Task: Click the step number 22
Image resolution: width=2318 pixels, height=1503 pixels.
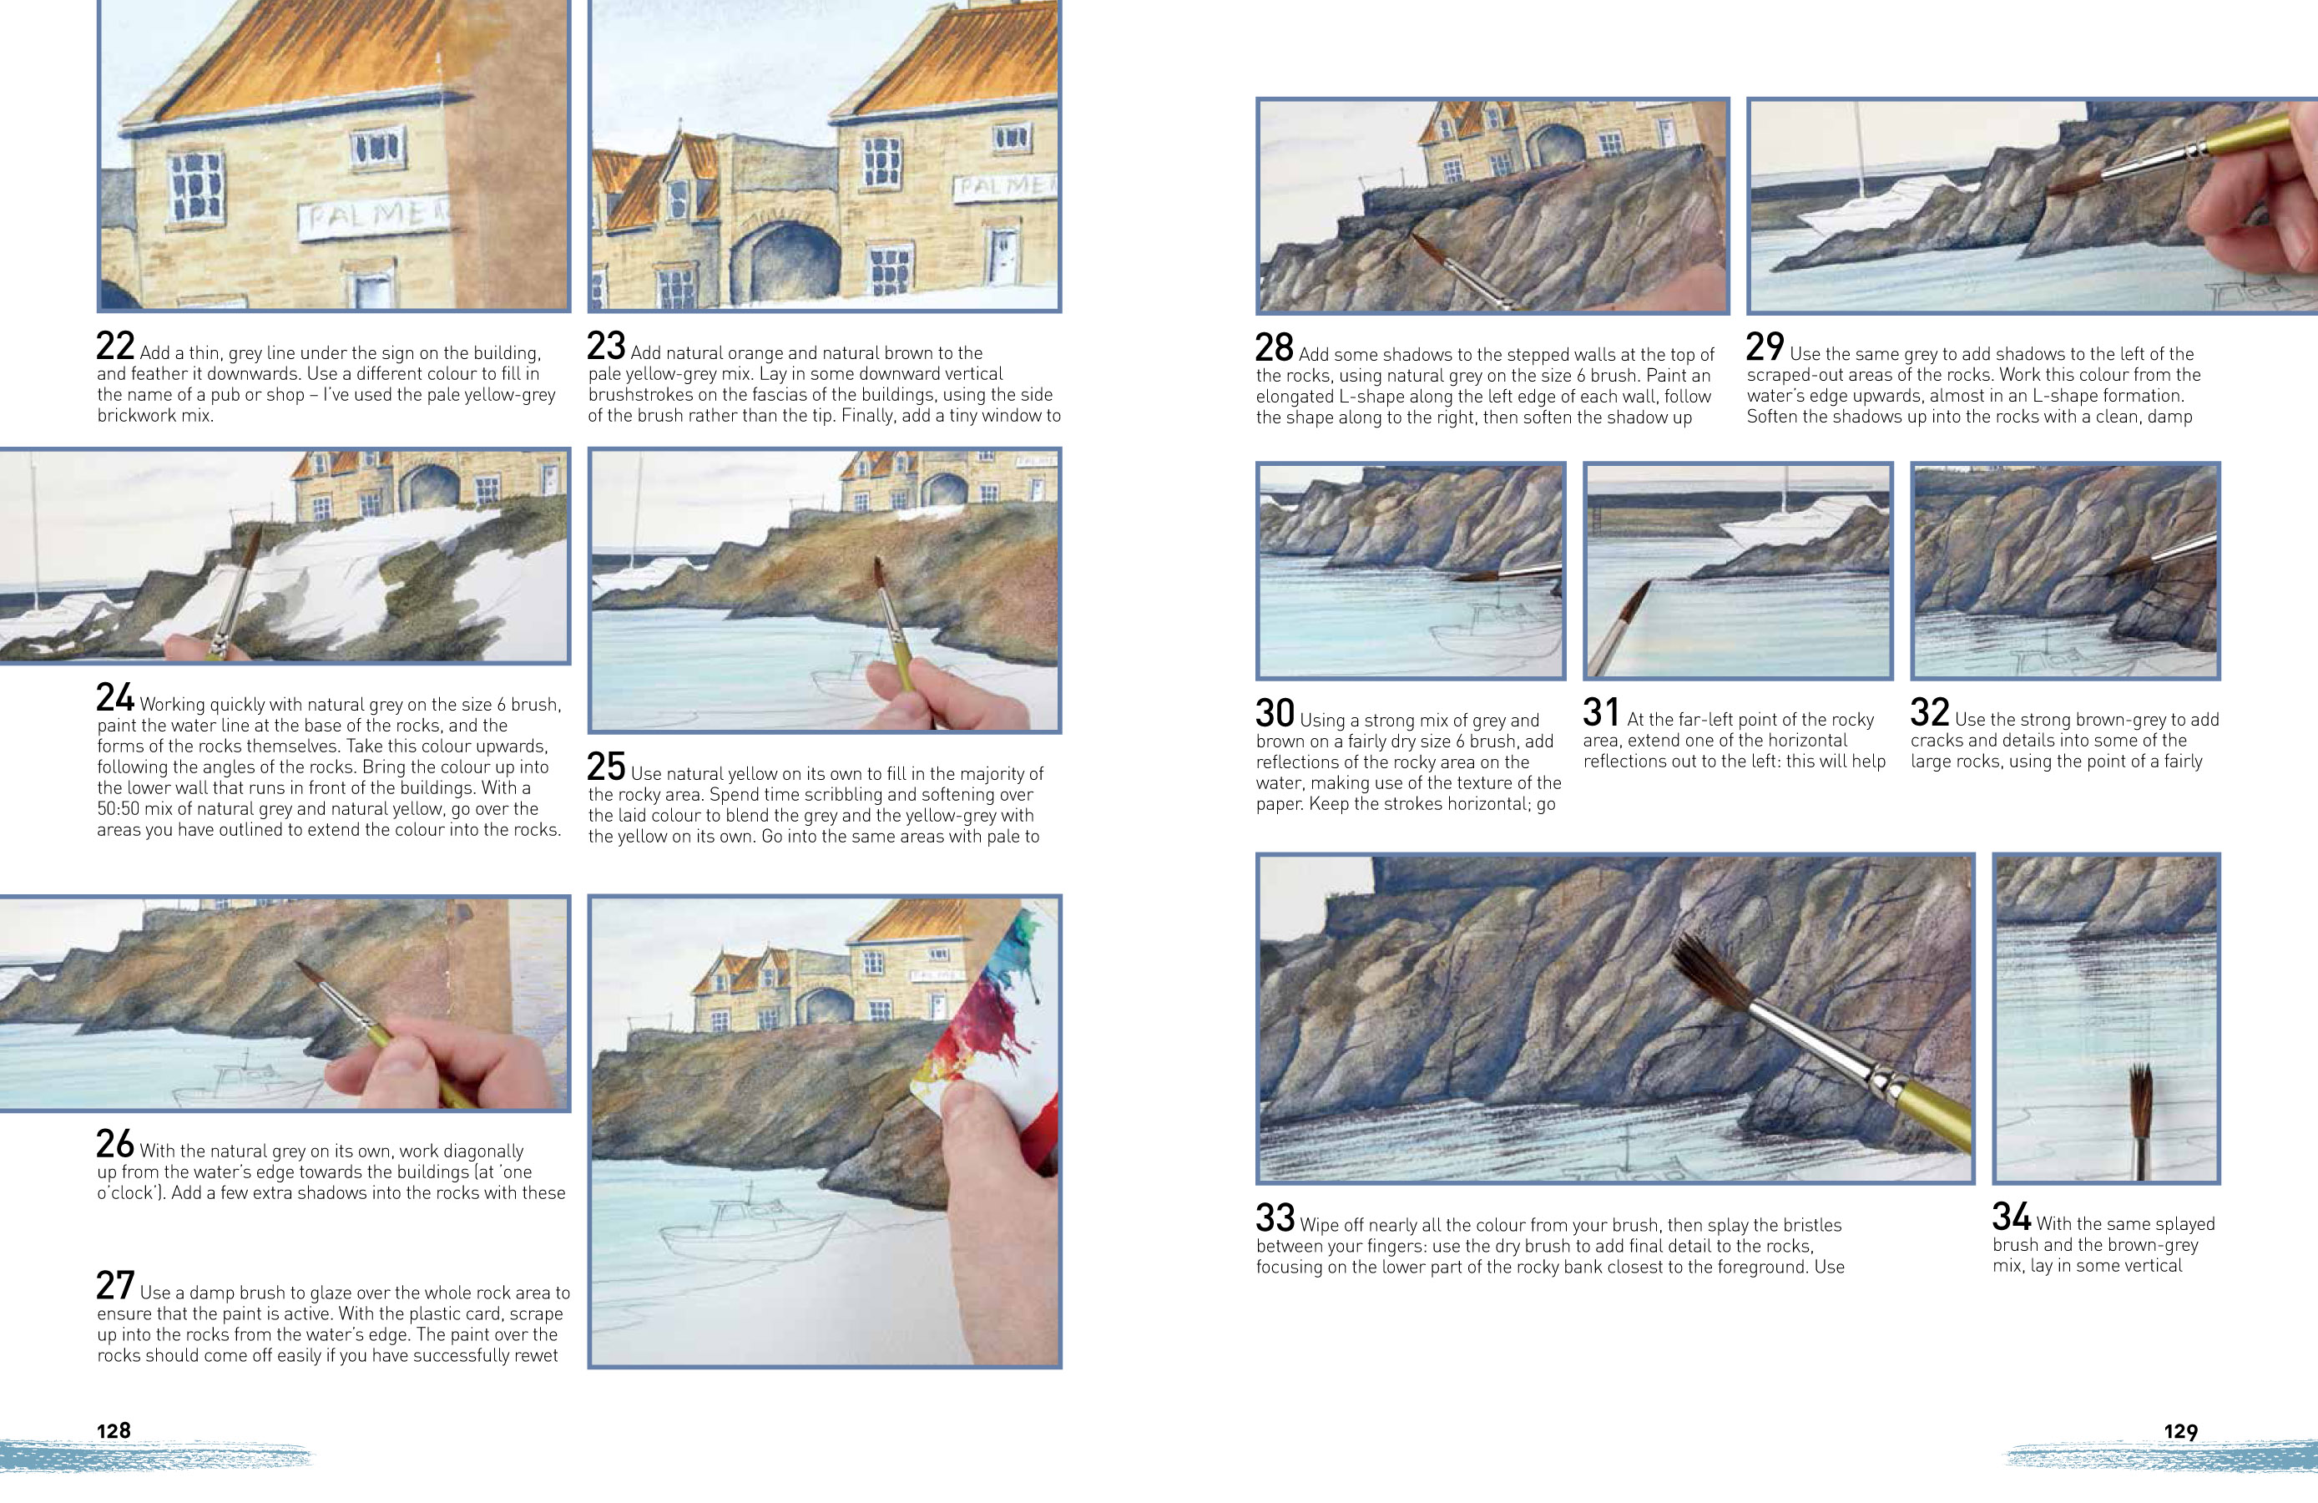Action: coord(115,347)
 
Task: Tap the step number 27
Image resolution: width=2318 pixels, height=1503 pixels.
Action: coord(115,1286)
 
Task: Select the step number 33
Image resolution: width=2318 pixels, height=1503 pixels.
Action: coord(1275,1218)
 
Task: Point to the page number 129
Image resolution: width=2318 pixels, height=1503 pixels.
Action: coord(2179,1431)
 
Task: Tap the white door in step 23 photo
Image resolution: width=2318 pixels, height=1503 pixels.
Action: coord(1002,256)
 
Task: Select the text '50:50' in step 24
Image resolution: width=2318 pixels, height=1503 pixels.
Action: coord(119,808)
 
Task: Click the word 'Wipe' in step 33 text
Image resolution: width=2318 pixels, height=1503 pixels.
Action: coord(1320,1226)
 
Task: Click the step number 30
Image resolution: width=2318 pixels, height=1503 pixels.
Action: coord(1275,713)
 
